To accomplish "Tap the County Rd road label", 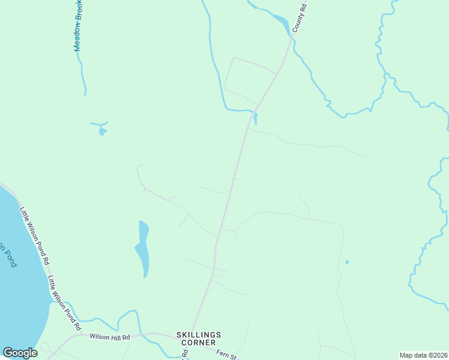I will (300, 18).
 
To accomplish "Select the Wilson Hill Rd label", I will (110, 337).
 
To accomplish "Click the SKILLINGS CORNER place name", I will (199, 338).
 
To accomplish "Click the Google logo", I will (20, 353).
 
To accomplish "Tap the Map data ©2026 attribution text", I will (423, 355).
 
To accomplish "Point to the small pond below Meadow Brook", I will (103, 131).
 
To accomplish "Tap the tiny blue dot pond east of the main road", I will (346, 262).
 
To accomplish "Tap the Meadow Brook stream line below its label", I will (83, 75).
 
